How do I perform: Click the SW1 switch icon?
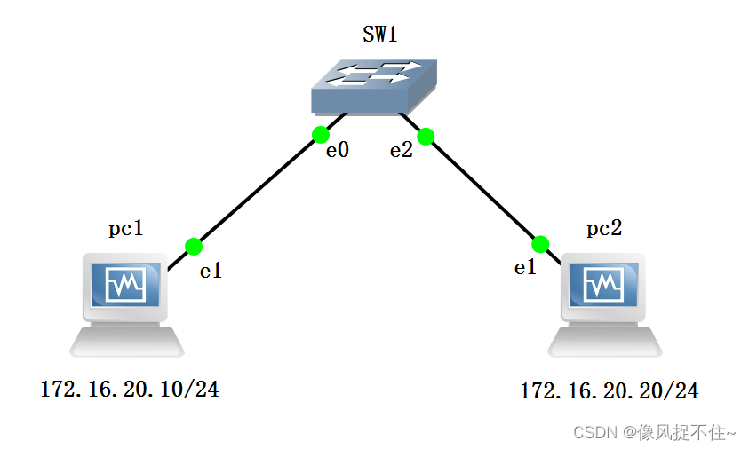tap(375, 86)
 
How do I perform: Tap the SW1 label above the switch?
tap(379, 35)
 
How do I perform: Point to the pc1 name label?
tap(125, 229)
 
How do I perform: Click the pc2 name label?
tap(604, 229)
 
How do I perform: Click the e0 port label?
tap(337, 151)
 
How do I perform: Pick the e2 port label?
tap(402, 151)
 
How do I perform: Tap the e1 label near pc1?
tap(211, 272)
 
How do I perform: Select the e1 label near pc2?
tap(526, 267)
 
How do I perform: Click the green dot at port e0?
tap(321, 135)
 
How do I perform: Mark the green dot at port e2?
tap(425, 136)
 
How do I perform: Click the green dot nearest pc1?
tap(194, 246)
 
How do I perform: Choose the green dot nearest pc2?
tap(540, 244)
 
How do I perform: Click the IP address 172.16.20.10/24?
tap(130, 389)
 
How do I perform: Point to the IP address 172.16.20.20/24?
tap(610, 390)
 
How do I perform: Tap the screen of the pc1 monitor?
tap(125, 286)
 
